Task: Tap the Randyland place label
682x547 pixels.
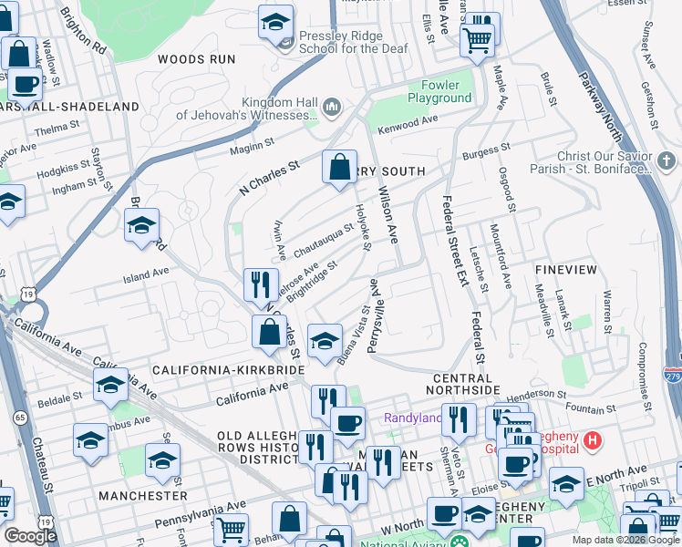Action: pyautogui.click(x=411, y=418)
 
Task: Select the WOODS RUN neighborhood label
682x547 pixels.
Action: pyautogui.click(x=196, y=59)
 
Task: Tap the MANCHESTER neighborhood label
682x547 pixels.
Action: pyautogui.click(x=143, y=495)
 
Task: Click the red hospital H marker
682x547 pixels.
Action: pyautogui.click(x=594, y=442)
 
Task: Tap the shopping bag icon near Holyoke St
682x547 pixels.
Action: pyautogui.click(x=339, y=168)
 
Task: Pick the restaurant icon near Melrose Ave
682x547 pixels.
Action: pyautogui.click(x=261, y=284)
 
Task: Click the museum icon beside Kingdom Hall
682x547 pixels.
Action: pyautogui.click(x=332, y=108)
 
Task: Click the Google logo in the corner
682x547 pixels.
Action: pyautogui.click(x=30, y=536)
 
